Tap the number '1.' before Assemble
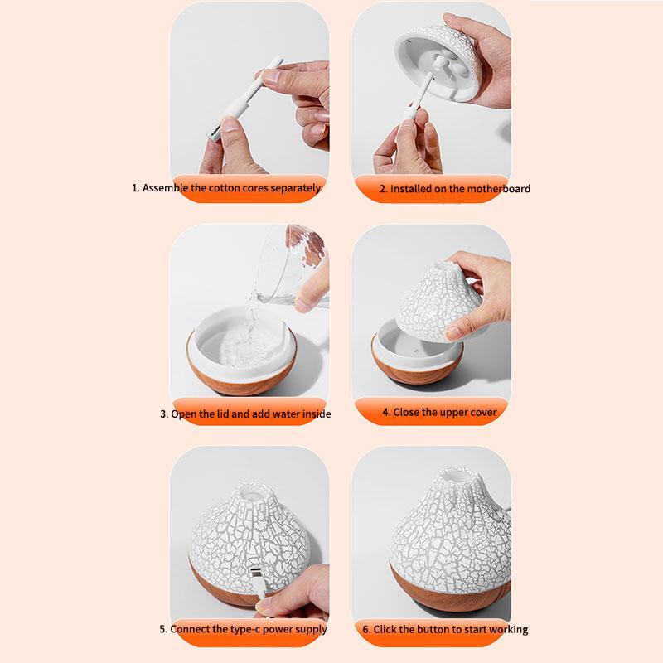tap(136, 188)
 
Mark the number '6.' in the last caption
tap(365, 630)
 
